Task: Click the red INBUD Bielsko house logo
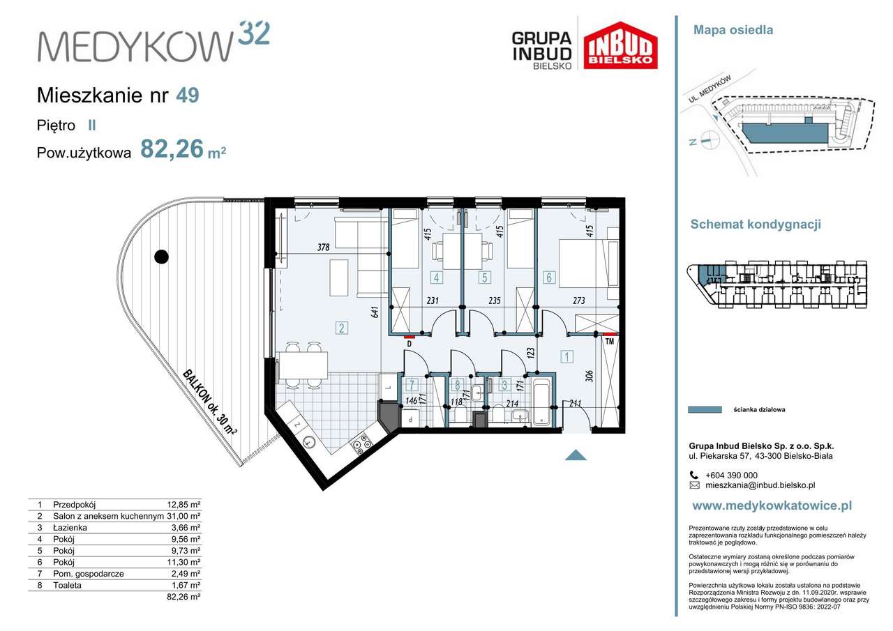(x=620, y=45)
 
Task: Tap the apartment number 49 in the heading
(x=187, y=95)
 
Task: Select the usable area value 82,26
(x=172, y=149)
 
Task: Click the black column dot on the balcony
(x=161, y=257)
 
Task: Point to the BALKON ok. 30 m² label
(x=209, y=402)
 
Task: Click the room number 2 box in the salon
(x=341, y=328)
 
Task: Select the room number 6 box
(x=549, y=278)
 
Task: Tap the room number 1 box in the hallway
(x=567, y=358)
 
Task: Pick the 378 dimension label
(x=323, y=247)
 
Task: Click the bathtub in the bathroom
(x=541, y=402)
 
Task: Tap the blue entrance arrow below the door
(x=575, y=455)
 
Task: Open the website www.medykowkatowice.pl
(x=772, y=506)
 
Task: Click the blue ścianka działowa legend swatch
(x=705, y=410)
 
